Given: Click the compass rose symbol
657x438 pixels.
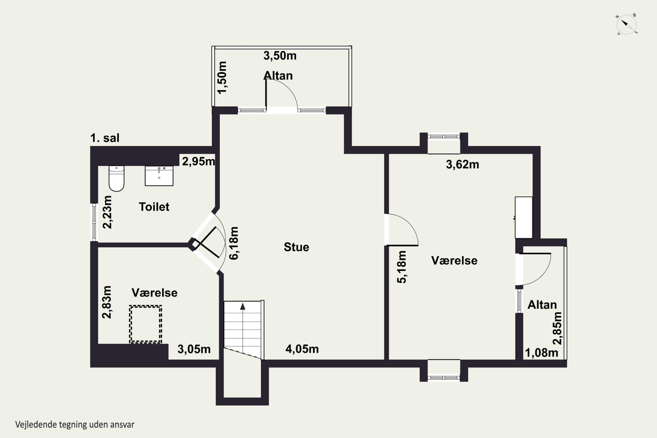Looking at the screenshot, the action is [x=627, y=25].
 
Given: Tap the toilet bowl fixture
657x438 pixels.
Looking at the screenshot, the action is [x=117, y=178].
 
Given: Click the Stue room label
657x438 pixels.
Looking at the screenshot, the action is [x=296, y=247].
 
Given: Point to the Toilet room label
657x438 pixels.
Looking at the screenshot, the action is [x=154, y=207].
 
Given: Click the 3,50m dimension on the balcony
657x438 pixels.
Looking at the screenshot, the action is [x=280, y=56].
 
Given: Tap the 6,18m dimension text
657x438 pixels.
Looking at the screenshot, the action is [x=234, y=243].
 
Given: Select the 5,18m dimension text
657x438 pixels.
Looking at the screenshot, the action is [x=402, y=267].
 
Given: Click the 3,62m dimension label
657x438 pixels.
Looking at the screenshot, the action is [x=462, y=164].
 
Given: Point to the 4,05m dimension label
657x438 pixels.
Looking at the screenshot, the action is [x=302, y=349].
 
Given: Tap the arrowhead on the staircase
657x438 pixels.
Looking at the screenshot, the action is [x=243, y=306].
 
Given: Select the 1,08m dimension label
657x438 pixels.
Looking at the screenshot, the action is [x=542, y=353].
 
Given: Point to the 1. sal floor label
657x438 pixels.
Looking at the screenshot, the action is [x=105, y=138].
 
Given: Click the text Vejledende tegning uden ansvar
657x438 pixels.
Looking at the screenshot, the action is [x=75, y=425].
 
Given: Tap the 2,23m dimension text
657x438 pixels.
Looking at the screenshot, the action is [x=107, y=212].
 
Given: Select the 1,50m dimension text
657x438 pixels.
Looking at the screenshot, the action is [x=222, y=78].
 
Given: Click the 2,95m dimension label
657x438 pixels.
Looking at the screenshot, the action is [x=199, y=161].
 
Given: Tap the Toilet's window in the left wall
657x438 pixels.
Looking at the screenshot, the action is [x=94, y=222].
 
